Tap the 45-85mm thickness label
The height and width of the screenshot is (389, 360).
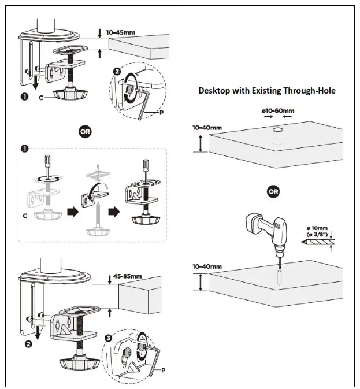128,276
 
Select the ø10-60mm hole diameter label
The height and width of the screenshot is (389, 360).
277,111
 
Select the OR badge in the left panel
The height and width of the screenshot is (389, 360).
85,132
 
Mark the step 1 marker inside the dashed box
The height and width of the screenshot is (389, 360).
25,149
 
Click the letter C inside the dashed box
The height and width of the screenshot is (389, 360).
24,216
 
